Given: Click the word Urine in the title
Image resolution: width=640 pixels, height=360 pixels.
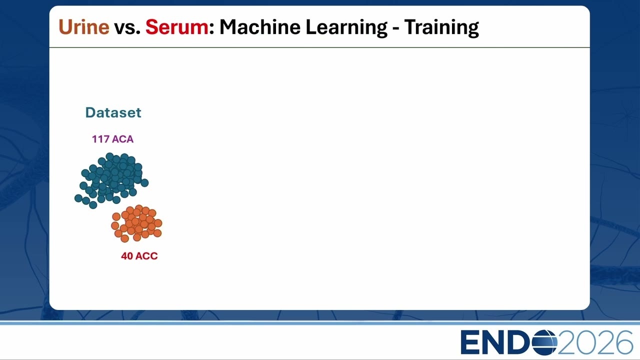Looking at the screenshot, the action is (x=84, y=27).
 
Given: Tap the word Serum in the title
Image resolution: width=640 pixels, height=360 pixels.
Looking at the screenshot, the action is (x=177, y=27).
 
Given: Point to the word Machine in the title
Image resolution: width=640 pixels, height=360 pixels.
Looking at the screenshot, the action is (x=260, y=27).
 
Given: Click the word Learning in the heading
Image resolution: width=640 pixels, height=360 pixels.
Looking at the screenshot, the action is (x=346, y=27).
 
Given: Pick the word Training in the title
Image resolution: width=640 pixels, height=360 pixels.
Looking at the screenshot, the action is (x=441, y=27).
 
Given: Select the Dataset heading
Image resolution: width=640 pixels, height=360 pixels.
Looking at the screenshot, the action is (x=113, y=112).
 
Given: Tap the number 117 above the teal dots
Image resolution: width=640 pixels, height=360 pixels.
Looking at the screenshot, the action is (x=100, y=139).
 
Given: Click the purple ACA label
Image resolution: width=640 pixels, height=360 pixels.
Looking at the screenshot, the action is (x=123, y=139).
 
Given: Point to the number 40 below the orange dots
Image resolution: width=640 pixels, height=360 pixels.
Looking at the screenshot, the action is (x=127, y=256).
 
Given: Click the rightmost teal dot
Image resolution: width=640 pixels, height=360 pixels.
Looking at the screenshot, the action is (x=144, y=183).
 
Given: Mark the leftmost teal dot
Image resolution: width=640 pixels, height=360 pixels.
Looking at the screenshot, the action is (x=78, y=198).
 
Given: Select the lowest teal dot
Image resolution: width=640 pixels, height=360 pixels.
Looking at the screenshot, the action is (x=93, y=205).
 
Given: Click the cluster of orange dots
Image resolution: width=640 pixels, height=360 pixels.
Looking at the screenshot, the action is (x=136, y=223).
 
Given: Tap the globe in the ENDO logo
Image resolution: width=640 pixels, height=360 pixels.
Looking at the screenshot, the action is (x=544, y=342).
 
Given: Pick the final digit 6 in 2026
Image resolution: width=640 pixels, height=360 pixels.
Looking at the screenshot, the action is (x=623, y=342).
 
